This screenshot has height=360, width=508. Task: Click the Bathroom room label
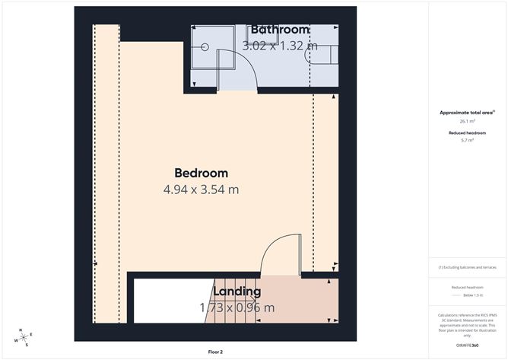tap(275, 30)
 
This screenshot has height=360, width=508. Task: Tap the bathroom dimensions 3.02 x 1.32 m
tap(279, 46)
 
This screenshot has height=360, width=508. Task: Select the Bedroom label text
tap(201, 173)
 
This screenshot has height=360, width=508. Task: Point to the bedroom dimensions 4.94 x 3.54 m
tap(201, 190)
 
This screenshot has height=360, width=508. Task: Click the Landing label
tap(237, 292)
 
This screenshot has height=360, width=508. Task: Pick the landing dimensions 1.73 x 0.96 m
tap(237, 308)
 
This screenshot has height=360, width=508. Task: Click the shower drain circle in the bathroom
tap(205, 46)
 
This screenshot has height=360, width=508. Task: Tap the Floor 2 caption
tap(215, 352)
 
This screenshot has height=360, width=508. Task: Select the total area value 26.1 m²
tap(468, 120)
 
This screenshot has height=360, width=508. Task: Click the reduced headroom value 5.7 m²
tap(468, 140)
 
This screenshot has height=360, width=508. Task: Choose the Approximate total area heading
tap(466, 113)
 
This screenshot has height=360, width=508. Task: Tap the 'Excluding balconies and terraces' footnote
tap(468, 268)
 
